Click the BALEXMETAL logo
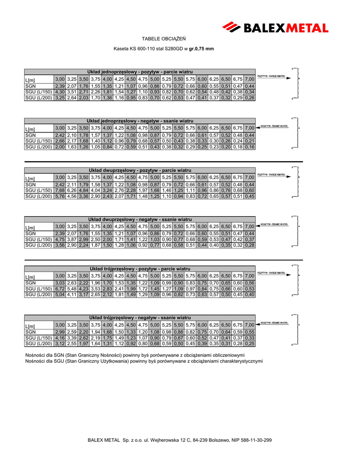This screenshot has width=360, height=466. [x=275, y=27]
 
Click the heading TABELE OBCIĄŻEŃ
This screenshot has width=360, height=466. [x=164, y=38]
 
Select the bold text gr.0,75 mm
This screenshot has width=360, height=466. [x=202, y=48]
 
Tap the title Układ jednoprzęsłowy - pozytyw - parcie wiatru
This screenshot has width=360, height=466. [x=140, y=72]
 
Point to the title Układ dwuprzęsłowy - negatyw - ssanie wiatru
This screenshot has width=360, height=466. [x=140, y=219]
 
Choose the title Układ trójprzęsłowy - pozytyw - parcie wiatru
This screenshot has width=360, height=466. [x=140, y=268]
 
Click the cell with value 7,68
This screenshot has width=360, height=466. [x=60, y=190]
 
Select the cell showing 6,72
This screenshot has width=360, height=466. [x=60, y=289]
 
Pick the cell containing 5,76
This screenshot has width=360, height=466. [x=60, y=197]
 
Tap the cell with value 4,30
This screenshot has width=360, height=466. [x=60, y=92]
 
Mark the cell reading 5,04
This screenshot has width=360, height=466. [x=60, y=295]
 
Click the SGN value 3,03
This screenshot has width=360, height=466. [x=60, y=283]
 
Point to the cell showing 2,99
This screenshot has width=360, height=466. [x=60, y=332]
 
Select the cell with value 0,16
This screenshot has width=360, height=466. [x=249, y=147]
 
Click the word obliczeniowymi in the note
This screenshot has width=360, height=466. [x=222, y=355]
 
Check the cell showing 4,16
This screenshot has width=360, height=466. [x=60, y=338]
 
